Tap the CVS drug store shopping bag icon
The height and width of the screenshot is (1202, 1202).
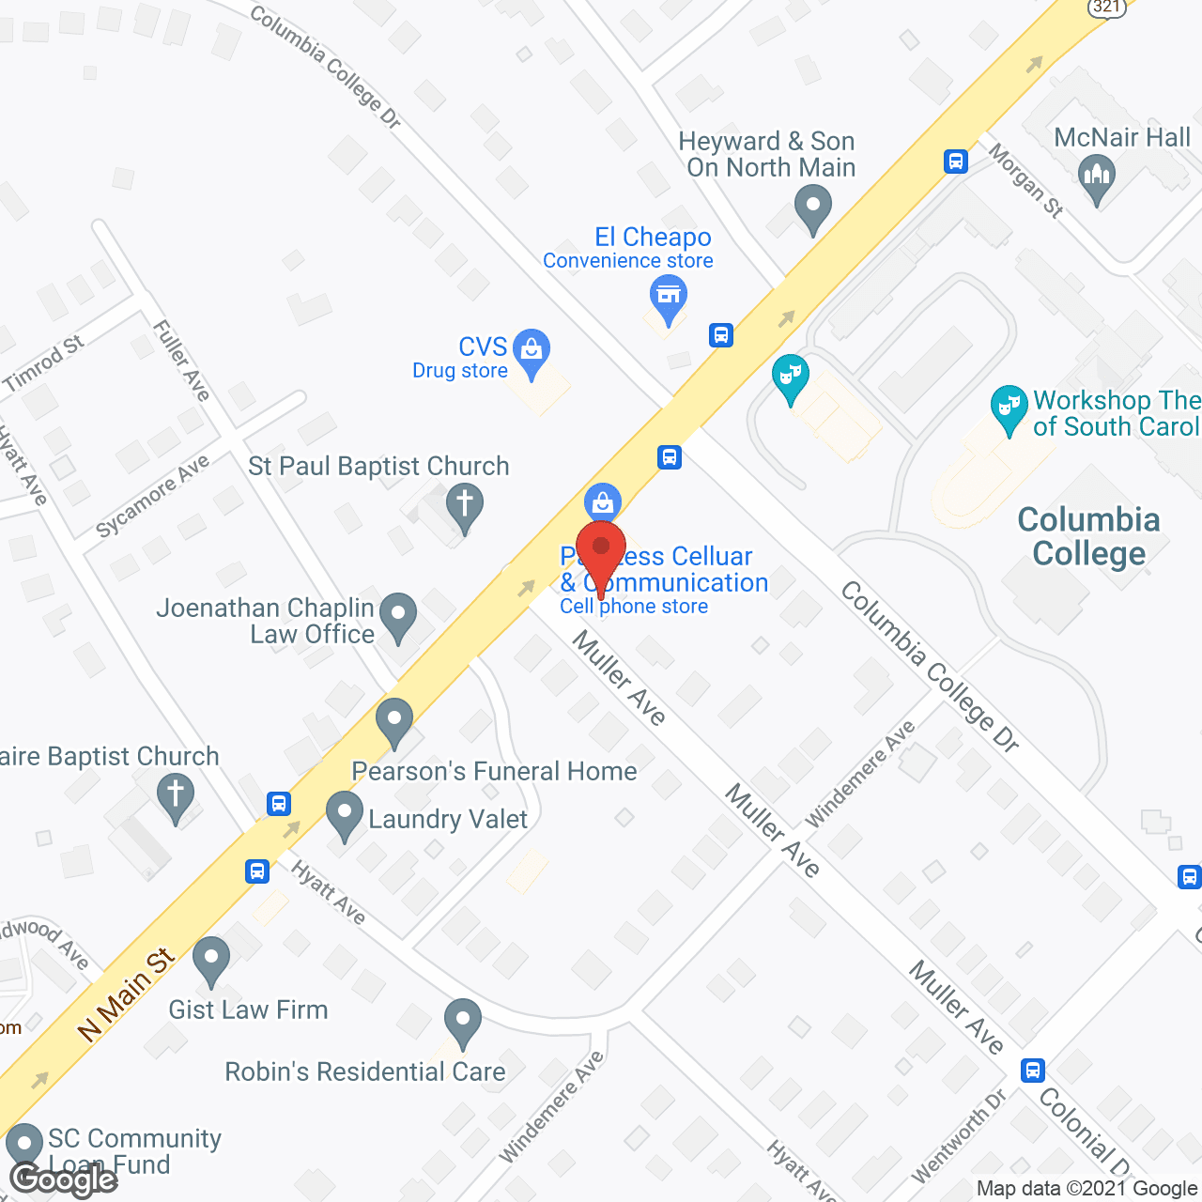532,351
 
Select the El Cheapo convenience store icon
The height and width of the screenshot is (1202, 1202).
668,298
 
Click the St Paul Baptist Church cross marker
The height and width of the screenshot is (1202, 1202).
464,504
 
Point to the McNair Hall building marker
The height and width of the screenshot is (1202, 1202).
1096,177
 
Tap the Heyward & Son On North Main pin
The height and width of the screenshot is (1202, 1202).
812,207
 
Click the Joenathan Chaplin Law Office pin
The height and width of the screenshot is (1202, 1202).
398,615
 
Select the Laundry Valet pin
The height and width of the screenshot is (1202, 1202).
345,813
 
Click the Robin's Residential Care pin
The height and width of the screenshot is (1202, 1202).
462,1021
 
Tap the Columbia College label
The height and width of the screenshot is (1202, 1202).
1088,537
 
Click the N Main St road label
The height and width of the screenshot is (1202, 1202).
127,994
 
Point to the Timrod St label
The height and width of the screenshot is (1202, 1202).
44,363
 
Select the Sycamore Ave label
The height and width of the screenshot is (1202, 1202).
152,497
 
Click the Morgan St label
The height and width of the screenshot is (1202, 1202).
1025,181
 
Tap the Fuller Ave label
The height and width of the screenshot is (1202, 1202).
182,360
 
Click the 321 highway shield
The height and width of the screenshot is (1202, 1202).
1107,7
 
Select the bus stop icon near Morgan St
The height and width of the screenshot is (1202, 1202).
956,162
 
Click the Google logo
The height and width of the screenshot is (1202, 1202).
64,1179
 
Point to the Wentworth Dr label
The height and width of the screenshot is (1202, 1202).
959,1135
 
